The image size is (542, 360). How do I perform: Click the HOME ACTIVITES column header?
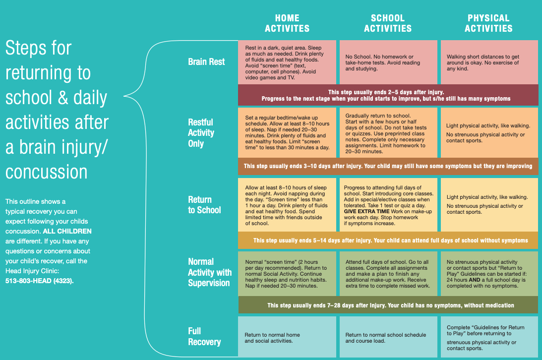point(287,23)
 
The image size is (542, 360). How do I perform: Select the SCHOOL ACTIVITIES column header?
point(388,23)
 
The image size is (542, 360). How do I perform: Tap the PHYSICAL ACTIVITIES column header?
point(488,23)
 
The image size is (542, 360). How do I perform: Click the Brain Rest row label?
point(206,62)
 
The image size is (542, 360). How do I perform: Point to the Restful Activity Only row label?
point(201,132)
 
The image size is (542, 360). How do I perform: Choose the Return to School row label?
point(204,205)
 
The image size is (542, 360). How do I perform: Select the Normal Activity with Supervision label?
point(209,272)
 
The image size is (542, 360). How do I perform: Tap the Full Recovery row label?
point(204,336)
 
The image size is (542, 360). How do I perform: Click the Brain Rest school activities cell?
point(388,62)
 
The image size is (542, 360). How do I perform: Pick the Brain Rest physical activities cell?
point(489,62)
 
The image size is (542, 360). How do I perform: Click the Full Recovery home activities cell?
point(287,337)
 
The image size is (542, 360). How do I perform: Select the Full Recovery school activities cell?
point(388,337)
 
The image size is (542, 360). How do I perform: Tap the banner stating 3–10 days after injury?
point(388,166)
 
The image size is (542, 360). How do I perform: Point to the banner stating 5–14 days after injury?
point(388,240)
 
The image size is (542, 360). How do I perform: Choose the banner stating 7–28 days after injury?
point(388,305)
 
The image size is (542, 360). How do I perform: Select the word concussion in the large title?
point(47,172)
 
